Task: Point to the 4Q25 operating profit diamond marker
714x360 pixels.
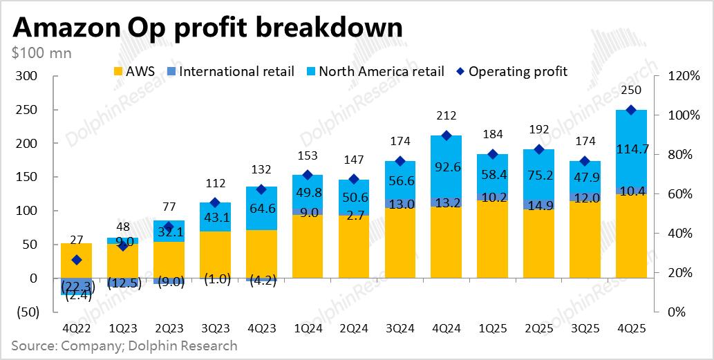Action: point(630,110)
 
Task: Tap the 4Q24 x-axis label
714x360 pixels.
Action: point(444,330)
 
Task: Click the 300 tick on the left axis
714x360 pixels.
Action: point(26,76)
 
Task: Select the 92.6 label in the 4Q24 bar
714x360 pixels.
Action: point(444,166)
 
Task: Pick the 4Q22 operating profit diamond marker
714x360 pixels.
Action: point(77,260)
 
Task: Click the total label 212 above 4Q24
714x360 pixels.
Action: point(444,115)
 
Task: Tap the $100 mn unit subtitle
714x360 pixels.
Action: point(41,53)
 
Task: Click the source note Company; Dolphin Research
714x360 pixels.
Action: point(124,345)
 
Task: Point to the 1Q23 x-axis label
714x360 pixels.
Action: point(122,330)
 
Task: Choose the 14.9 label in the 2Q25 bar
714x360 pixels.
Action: point(537,205)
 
